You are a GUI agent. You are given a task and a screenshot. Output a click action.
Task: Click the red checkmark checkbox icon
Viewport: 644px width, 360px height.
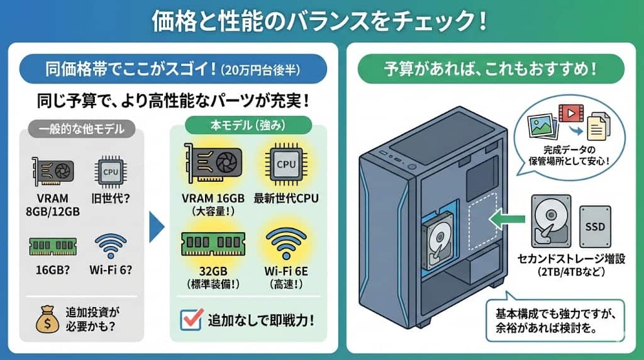[190, 320]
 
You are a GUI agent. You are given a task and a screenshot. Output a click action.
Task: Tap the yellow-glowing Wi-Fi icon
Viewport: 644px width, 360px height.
[286, 240]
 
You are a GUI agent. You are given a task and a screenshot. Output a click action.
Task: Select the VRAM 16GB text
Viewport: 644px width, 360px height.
[213, 198]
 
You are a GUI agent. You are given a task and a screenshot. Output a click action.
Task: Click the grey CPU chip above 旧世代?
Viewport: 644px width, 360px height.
[109, 170]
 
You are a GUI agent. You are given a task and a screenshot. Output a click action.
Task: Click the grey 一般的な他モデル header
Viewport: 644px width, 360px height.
[83, 130]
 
